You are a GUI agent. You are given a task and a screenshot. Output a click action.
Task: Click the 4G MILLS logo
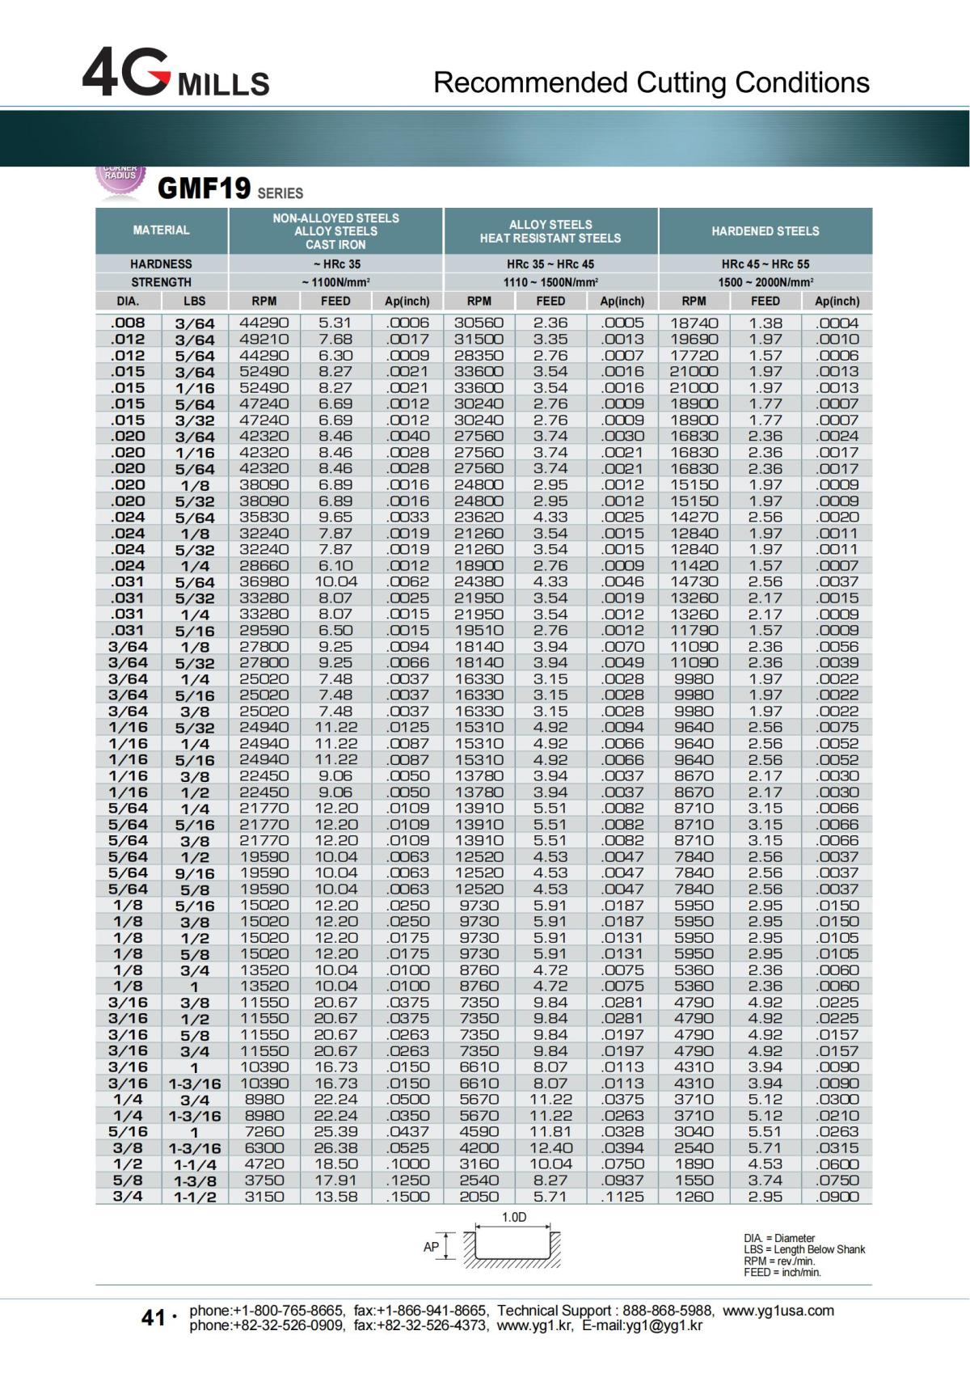pos(175,73)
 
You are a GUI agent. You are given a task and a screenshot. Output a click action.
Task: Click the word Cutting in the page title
pos(682,82)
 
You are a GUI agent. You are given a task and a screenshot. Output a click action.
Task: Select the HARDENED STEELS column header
pos(765,231)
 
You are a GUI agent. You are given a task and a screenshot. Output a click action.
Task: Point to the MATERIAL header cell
pos(162,230)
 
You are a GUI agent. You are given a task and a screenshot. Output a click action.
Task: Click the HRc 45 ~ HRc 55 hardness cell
pos(765,264)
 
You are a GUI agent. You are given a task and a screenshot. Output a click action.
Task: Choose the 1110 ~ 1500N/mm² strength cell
pos(550,282)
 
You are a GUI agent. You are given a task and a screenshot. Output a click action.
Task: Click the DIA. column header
pos(128,301)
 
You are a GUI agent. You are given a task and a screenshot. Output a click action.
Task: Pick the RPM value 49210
pos(264,339)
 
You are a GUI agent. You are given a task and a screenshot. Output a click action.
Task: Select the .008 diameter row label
pos(128,323)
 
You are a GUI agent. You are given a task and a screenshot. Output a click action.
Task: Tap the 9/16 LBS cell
pos(194,873)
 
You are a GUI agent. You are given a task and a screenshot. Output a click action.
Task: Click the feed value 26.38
pos(335,1147)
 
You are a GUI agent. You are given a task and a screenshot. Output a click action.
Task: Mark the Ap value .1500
pos(407,1196)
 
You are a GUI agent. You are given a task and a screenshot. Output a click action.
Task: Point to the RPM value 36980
pos(264,581)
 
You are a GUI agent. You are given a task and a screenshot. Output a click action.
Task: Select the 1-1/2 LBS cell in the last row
pos(194,1197)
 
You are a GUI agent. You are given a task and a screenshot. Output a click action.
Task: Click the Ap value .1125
pos(622,1196)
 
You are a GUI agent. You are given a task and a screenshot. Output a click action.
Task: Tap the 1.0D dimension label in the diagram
pos(514,1218)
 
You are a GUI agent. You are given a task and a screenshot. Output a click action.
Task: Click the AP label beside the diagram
pos(432,1247)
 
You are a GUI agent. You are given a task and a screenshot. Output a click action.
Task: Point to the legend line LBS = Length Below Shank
pos(803,1249)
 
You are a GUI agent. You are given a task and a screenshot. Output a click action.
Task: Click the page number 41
pos(154,1318)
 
